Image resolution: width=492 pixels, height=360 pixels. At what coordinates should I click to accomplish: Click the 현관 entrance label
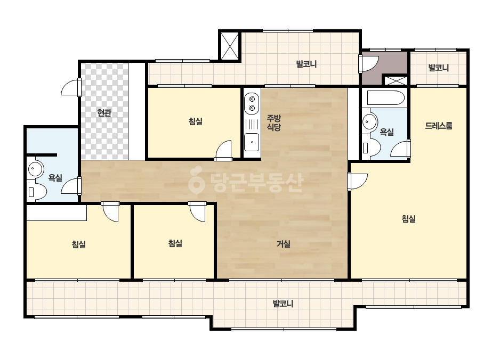(104, 113)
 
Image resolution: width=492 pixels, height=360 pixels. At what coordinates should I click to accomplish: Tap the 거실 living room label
(284, 244)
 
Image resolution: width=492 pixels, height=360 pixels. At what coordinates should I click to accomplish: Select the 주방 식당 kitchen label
(273, 122)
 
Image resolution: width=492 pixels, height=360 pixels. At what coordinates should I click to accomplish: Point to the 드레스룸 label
(439, 126)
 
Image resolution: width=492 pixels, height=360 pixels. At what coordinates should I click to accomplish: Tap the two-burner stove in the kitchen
(252, 103)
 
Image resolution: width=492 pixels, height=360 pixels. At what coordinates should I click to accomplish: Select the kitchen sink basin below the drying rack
(252, 142)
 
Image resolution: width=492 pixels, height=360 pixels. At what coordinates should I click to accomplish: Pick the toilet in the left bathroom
(37, 192)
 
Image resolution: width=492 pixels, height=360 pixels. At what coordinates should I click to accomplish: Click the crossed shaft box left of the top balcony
(230, 46)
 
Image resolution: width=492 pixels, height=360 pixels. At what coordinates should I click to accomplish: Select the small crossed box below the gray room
(396, 80)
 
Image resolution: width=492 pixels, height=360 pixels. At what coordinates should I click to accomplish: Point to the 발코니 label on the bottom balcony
(283, 304)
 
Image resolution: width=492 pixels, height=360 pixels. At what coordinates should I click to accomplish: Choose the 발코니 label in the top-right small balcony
(439, 68)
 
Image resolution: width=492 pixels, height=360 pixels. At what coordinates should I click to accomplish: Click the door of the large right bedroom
(357, 181)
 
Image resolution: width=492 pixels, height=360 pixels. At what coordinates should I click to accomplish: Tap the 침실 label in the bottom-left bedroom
(79, 244)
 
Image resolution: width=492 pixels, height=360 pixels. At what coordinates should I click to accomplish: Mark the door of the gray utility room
(368, 64)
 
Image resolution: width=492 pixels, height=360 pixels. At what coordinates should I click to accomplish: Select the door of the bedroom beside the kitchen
(223, 151)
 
